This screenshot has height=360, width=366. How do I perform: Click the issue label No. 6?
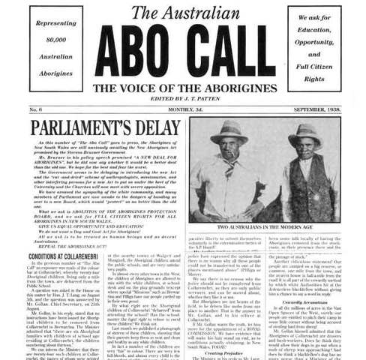tap(35, 110)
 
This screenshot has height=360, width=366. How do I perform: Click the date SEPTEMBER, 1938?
tap(309, 110)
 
